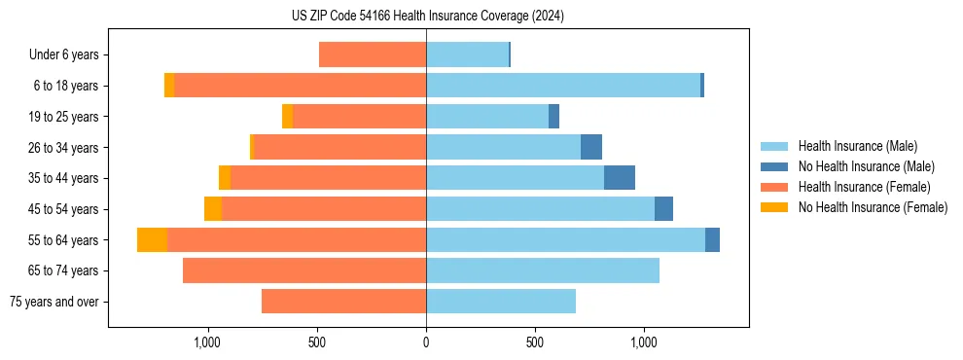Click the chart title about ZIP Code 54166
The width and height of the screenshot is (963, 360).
pos(427,16)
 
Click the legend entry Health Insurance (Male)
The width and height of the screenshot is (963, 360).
pos(857,146)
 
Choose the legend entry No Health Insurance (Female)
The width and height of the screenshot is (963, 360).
pos(873,207)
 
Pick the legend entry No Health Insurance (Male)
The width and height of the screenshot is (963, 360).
pos(866,166)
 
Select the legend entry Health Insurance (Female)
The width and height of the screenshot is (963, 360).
pos(864,187)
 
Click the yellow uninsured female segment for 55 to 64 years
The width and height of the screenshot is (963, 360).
pos(152,239)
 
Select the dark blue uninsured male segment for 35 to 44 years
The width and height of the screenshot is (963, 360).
pos(620,178)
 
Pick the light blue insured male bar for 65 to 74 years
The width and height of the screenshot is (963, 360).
pos(543,270)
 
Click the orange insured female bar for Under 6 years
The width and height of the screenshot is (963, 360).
pos(373,55)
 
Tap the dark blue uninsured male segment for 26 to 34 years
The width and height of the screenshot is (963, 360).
pos(591,147)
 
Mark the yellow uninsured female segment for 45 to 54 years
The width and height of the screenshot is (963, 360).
pos(213,209)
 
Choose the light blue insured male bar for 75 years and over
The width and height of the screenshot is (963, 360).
pos(501,302)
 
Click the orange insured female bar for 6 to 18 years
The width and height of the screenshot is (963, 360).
pos(300,86)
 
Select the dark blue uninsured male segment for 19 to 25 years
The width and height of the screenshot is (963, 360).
pos(553,117)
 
